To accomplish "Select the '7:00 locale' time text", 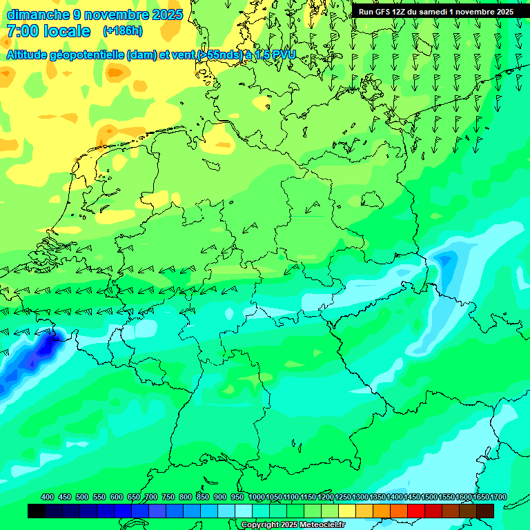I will (48, 32).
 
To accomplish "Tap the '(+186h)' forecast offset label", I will (123, 31).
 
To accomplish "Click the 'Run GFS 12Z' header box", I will (435, 12).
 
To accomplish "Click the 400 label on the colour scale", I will (48, 497).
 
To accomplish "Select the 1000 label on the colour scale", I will (257, 497).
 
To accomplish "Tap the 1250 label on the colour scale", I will (343, 497).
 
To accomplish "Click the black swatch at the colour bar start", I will (37, 511).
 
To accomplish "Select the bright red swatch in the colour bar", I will (416, 511).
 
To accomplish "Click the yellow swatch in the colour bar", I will (347, 511).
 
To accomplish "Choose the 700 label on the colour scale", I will (151, 497).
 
